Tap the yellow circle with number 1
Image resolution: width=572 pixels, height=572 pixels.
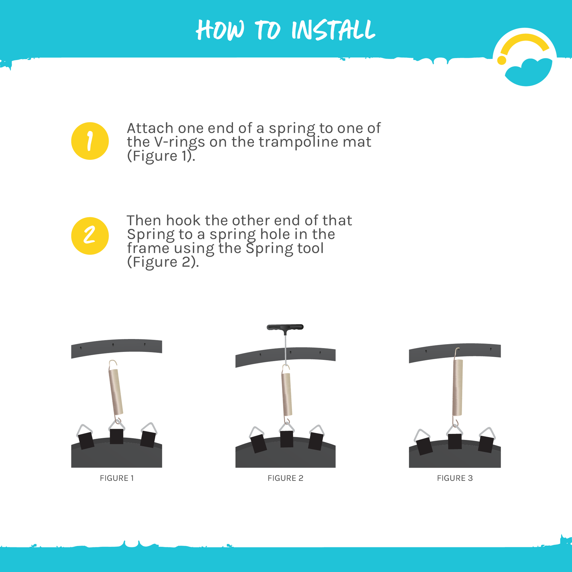click(90, 141)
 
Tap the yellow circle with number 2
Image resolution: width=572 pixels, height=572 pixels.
click(90, 236)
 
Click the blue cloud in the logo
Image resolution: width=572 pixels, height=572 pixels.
click(529, 72)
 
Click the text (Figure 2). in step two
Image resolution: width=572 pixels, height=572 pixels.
click(163, 262)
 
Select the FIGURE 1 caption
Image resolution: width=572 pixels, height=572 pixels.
click(117, 478)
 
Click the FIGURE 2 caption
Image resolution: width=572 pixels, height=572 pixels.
click(285, 478)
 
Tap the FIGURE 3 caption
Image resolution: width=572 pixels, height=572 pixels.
click(455, 478)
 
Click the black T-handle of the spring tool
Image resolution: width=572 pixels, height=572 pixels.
click(285, 327)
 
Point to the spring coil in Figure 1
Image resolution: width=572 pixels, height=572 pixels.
click(116, 392)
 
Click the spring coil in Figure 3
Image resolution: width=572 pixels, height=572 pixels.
click(458, 387)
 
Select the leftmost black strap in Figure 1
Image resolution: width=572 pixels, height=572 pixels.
click(86, 441)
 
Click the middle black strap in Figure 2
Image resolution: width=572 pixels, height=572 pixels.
click(286, 439)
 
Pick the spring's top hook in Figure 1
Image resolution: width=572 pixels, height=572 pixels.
click(113, 364)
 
